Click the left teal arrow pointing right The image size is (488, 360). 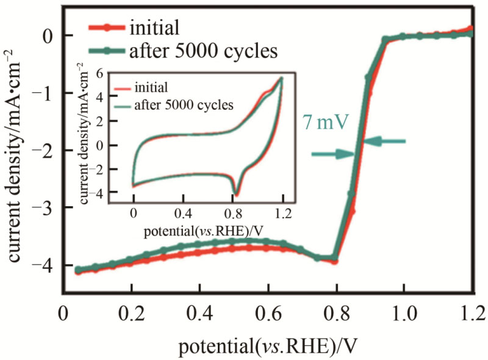[332, 155]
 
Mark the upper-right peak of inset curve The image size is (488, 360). [282, 77]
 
